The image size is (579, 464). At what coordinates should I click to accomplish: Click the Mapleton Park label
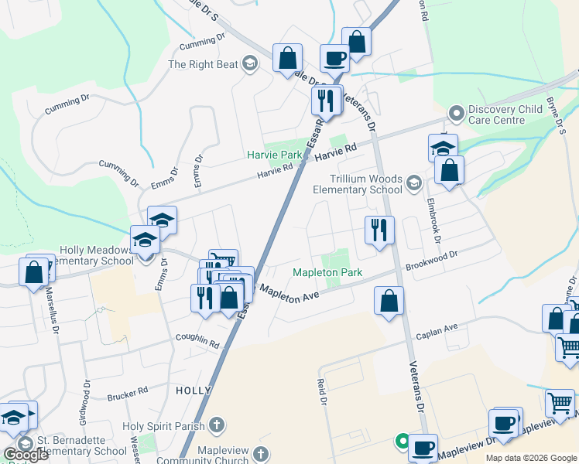(x=327, y=273)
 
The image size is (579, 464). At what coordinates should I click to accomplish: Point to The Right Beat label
(x=204, y=64)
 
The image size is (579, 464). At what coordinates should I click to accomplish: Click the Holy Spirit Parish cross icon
(x=218, y=425)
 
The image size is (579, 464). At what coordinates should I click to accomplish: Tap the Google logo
(x=27, y=455)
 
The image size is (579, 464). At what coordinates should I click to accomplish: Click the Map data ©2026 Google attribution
(x=530, y=458)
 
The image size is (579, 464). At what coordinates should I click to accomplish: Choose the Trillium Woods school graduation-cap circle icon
(x=413, y=183)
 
